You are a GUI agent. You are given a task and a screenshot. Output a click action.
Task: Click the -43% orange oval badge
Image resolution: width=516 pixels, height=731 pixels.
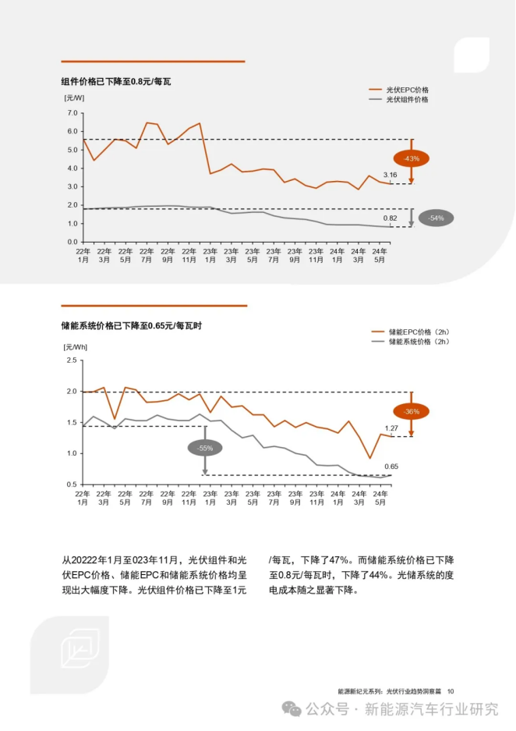click(x=412, y=158)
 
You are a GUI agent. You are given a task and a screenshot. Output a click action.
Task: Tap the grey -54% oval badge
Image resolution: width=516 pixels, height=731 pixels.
click(x=436, y=218)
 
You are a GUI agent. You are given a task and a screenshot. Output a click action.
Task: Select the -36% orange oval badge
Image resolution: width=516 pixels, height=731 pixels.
click(x=412, y=411)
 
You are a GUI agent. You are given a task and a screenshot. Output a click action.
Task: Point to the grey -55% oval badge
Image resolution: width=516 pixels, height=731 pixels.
click(x=205, y=448)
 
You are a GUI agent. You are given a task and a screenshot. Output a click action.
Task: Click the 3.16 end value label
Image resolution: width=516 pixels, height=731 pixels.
click(x=391, y=175)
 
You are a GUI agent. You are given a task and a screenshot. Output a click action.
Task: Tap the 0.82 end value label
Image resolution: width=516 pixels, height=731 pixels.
click(x=391, y=218)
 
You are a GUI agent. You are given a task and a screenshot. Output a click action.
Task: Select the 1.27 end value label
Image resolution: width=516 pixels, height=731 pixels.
click(x=391, y=428)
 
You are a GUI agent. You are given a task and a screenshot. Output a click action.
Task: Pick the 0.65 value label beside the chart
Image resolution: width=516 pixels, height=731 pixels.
click(x=391, y=467)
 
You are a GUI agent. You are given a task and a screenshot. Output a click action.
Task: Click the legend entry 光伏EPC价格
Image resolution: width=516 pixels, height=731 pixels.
click(x=408, y=90)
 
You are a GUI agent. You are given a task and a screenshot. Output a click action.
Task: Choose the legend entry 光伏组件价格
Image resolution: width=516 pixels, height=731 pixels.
click(x=408, y=100)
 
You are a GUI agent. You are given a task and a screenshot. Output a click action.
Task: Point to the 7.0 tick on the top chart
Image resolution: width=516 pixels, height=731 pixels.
click(x=72, y=113)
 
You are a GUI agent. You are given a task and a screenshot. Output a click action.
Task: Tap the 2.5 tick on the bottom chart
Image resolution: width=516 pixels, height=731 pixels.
click(x=72, y=360)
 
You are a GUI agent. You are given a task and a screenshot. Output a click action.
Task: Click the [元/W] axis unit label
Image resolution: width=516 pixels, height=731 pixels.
click(x=74, y=98)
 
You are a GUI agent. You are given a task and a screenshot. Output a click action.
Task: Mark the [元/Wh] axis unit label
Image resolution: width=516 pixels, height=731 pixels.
click(x=76, y=345)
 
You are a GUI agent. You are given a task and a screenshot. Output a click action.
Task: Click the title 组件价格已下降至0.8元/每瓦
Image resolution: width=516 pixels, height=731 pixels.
click(x=116, y=80)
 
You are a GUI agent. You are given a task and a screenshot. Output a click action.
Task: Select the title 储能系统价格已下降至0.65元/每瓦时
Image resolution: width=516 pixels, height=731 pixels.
click(x=132, y=325)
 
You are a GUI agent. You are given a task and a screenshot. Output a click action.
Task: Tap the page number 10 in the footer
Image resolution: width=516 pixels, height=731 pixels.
click(x=451, y=691)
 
